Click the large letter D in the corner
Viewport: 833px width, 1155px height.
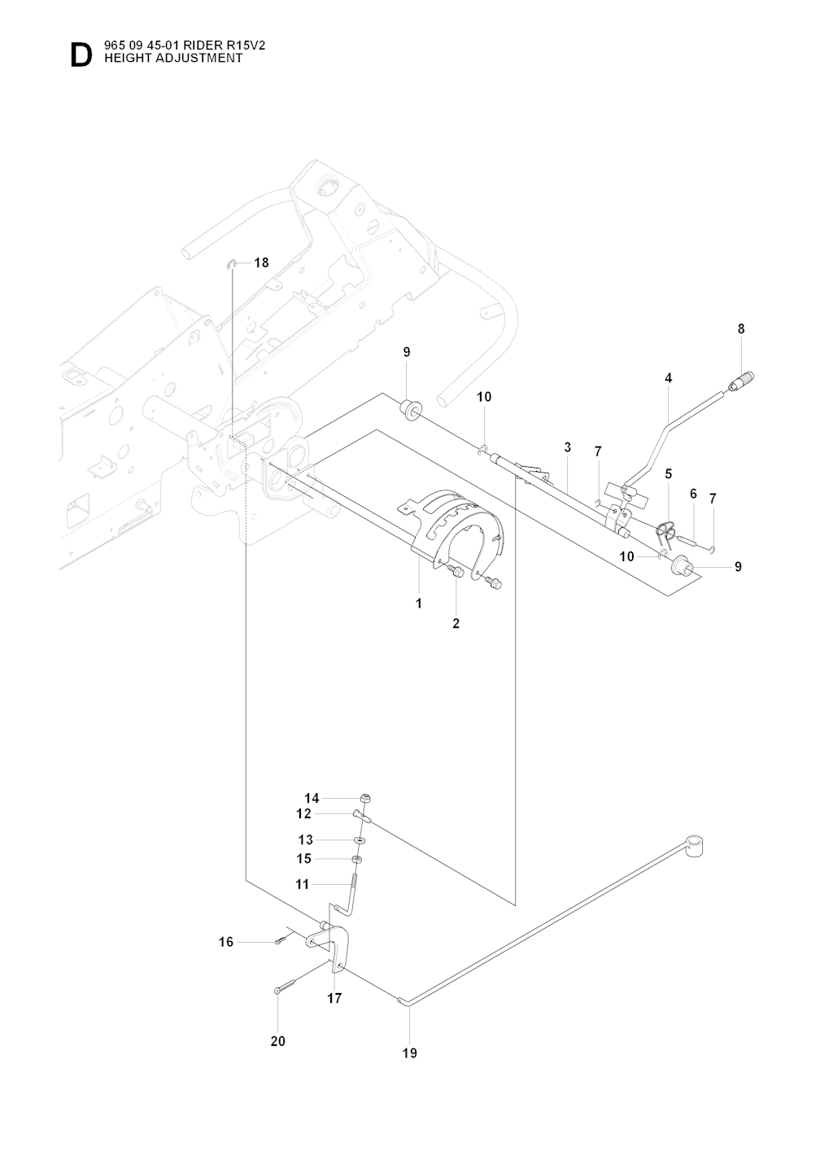point(81,55)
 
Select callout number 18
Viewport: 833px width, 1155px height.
point(261,263)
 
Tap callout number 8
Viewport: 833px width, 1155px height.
point(741,329)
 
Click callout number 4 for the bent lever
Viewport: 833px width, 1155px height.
point(668,378)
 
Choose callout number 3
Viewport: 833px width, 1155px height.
point(567,447)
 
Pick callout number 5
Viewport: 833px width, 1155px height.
point(668,473)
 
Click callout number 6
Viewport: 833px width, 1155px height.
point(693,494)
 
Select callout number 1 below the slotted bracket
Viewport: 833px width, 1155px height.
point(419,604)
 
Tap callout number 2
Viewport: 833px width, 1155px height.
point(456,624)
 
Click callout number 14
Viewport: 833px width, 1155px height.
point(312,798)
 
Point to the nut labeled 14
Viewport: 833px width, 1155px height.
point(365,798)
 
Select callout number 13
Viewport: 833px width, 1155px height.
point(305,840)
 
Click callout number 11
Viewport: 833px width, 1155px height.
point(302,884)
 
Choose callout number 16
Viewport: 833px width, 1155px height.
point(225,942)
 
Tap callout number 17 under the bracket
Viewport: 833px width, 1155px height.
point(334,998)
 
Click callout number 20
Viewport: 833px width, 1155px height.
point(278,1041)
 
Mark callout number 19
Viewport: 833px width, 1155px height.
point(409,1053)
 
